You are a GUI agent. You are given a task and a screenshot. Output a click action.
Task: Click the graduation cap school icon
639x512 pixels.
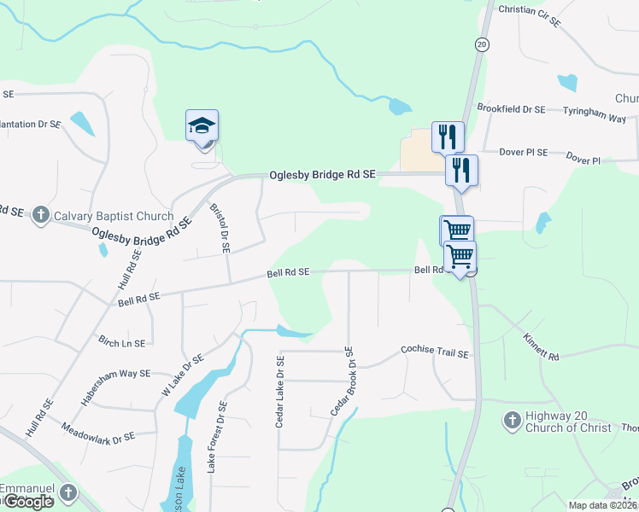[x=202, y=126]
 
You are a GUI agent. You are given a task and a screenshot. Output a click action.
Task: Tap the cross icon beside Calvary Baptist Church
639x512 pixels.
[x=40, y=216]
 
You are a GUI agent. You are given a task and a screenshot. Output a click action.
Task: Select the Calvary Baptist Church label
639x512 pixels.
[x=113, y=216]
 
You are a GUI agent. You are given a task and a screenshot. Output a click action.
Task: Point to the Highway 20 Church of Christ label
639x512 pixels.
[x=568, y=422]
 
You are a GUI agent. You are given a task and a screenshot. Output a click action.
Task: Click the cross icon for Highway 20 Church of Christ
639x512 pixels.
[x=512, y=421]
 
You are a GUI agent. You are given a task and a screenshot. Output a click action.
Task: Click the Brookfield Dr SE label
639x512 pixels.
[x=511, y=109]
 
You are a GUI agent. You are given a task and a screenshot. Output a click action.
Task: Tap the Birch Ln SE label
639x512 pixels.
[x=121, y=342]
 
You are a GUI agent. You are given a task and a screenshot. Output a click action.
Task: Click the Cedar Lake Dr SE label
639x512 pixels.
[x=280, y=393]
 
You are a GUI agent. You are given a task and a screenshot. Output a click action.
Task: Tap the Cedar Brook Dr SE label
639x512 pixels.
[x=342, y=381]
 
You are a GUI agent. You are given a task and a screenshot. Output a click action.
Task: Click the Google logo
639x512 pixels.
[x=28, y=502]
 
